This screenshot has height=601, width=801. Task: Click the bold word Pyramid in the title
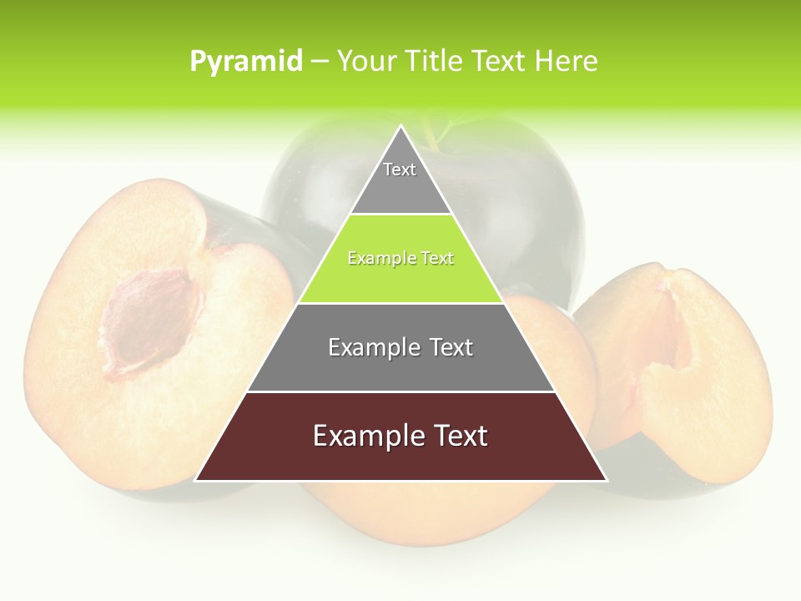pyautogui.click(x=245, y=62)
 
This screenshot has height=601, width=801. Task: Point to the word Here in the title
pyautogui.click(x=567, y=62)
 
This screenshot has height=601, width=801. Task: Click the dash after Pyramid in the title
pyautogui.click(x=320, y=62)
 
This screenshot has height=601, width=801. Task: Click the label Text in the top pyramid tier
pyautogui.click(x=400, y=169)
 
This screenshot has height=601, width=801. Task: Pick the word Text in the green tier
pyautogui.click(x=437, y=259)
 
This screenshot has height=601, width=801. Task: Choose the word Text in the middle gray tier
pyautogui.click(x=451, y=347)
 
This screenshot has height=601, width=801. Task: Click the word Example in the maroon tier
pyautogui.click(x=366, y=436)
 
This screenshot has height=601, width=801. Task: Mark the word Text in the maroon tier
pyautogui.click(x=460, y=436)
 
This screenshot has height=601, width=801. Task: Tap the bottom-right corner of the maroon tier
pyautogui.click(x=607, y=481)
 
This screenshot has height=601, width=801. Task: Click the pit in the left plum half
pyautogui.click(x=149, y=321)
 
